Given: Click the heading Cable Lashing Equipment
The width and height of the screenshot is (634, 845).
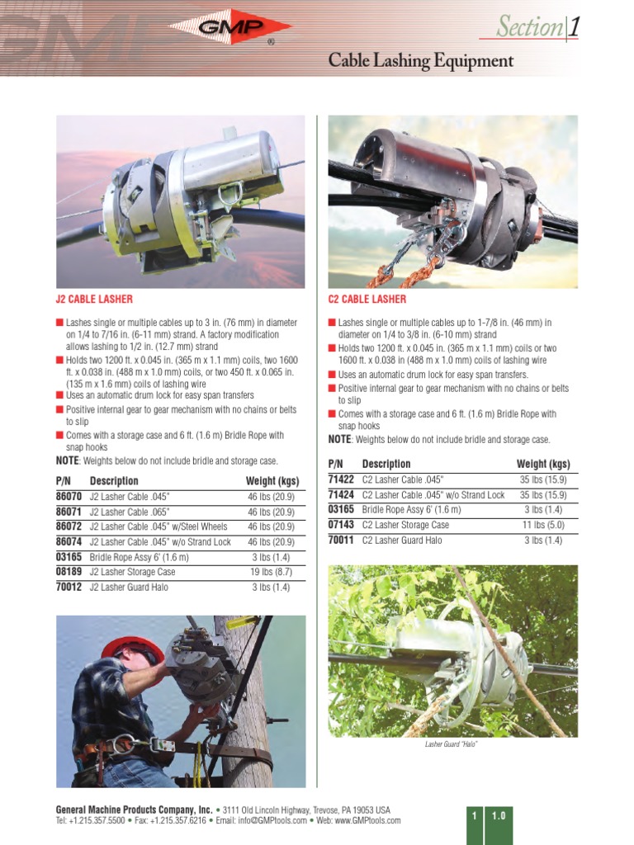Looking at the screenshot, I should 421,61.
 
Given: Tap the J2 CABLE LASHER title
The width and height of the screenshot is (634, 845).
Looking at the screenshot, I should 94,299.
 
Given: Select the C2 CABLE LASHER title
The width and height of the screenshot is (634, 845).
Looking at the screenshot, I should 367,299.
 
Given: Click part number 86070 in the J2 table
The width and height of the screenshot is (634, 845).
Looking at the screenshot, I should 69,496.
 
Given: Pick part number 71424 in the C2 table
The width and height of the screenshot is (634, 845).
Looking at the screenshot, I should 341,494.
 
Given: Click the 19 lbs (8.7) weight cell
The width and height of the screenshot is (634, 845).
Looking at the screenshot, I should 272,571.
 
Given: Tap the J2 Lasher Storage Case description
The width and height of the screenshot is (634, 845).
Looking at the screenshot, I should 132,571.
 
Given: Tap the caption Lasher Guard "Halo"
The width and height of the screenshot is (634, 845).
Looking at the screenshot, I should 452,745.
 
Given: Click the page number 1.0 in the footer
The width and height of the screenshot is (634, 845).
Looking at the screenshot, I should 499,815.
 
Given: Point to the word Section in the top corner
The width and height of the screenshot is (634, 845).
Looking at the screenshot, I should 528,27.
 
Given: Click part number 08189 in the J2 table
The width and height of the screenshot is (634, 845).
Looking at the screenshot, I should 69,571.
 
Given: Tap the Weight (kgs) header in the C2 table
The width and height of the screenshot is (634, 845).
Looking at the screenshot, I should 543,464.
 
